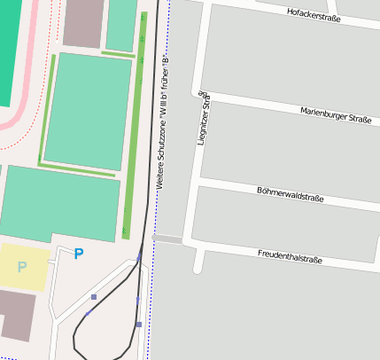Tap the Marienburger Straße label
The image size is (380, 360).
coord(336,114)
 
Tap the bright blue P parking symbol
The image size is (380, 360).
coord(79,254)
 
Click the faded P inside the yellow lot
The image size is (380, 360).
coord(22,267)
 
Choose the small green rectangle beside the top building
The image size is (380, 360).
coord(120,24)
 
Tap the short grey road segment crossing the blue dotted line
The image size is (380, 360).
coord(167,239)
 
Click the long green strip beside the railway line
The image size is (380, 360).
coord(135,124)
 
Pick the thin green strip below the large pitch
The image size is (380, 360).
coord(77,169)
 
